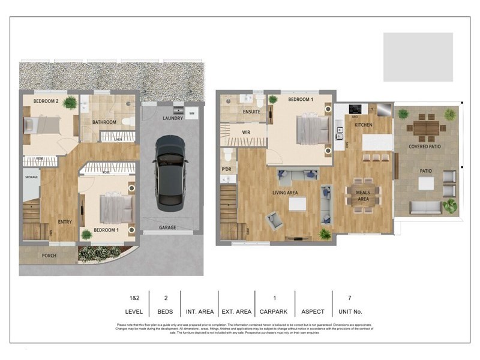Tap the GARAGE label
click(167, 228)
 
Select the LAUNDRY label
click(173, 118)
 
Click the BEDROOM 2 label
click(46, 101)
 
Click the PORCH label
click(49, 256)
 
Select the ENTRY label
click(65, 222)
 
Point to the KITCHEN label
click(364, 125)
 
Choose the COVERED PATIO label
click(425, 146)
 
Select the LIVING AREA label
click(286, 193)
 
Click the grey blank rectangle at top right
click(418, 57)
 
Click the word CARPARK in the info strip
click(274, 312)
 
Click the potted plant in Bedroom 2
click(71, 103)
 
